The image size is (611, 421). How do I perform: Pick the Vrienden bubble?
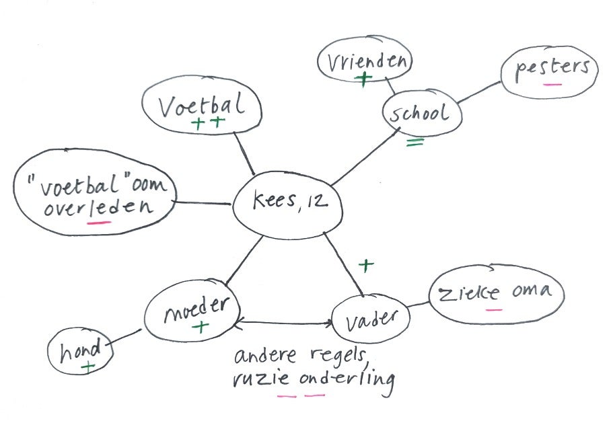coord(365,63)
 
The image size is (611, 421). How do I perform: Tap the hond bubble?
coord(79,352)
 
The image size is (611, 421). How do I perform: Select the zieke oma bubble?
coord(497,294)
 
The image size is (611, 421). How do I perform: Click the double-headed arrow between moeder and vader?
coord(285,323)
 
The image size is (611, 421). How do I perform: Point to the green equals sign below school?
coord(415,142)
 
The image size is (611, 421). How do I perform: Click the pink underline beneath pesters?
coord(552,85)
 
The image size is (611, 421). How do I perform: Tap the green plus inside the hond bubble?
coord(87,367)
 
